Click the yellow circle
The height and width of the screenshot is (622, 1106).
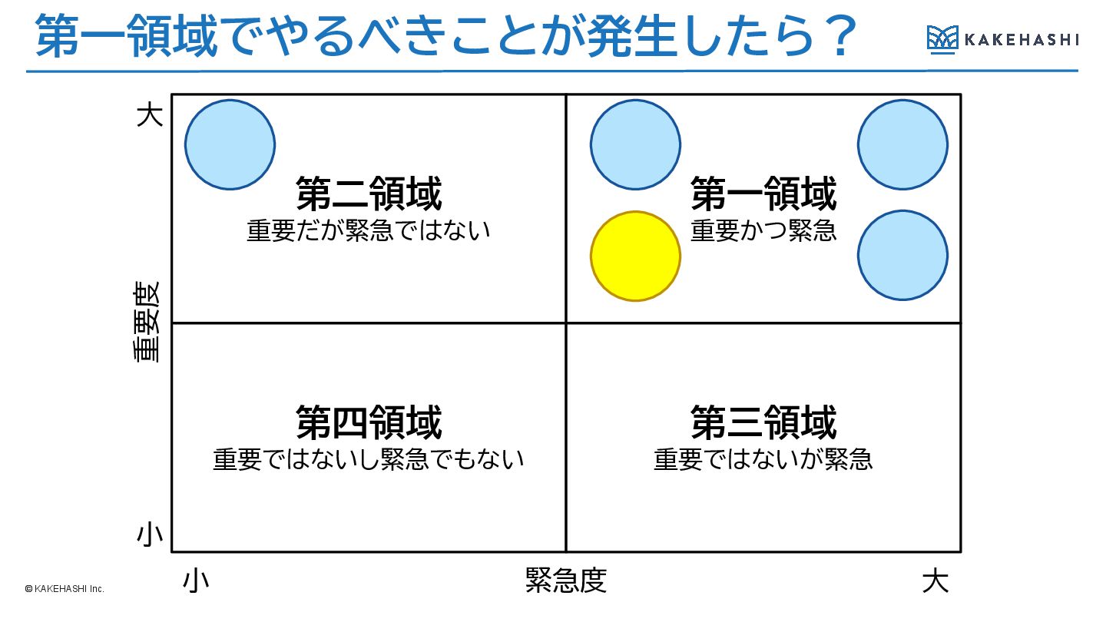click(x=635, y=256)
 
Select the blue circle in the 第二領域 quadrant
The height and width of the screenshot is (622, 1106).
click(x=230, y=144)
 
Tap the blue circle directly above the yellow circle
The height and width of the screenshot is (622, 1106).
click(x=635, y=144)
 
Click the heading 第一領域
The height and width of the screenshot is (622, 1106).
click(x=763, y=194)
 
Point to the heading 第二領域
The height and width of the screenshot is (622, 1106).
click(x=369, y=194)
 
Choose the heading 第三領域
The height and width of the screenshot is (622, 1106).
click(x=763, y=422)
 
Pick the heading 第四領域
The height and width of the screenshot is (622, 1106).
click(x=369, y=422)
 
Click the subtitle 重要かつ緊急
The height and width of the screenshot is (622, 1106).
click(x=763, y=230)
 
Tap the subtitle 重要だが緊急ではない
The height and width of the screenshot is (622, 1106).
click(x=369, y=230)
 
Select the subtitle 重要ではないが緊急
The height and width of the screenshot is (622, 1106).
click(x=763, y=459)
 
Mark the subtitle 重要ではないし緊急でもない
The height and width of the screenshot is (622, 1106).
click(x=369, y=459)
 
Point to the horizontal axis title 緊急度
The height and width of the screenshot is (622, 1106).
click(x=566, y=581)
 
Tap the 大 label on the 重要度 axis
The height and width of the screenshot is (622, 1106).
click(x=150, y=116)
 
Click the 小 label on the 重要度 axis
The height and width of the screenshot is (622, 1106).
click(x=150, y=535)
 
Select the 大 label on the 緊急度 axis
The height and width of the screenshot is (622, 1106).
click(x=935, y=581)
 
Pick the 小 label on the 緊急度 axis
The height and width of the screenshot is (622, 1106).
click(x=196, y=581)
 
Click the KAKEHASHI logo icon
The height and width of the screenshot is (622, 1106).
click(x=942, y=38)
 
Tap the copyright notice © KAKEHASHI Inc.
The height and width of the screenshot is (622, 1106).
click(x=65, y=589)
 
